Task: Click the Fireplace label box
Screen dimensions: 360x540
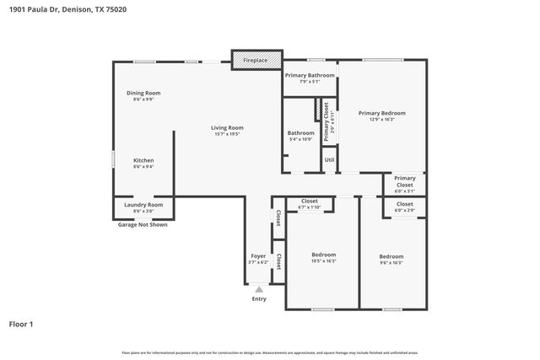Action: (x=256, y=61)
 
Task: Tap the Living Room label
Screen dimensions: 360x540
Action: (x=227, y=127)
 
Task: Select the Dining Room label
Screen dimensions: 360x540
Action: (x=143, y=93)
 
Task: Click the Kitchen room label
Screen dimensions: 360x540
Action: (x=143, y=160)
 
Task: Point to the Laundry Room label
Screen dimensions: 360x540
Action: (x=143, y=205)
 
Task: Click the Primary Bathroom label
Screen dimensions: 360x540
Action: (x=310, y=75)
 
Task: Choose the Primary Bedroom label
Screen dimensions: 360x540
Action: (x=381, y=113)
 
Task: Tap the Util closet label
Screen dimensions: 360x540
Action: (x=329, y=159)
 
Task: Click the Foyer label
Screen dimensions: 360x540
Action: (x=258, y=255)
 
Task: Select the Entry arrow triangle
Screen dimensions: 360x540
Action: (x=259, y=288)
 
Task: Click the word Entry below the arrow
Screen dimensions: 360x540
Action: (x=259, y=299)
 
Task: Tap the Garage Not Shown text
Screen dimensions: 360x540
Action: (x=142, y=225)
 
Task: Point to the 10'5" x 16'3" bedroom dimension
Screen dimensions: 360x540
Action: (x=324, y=261)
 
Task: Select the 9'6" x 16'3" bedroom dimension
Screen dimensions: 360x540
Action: (x=391, y=263)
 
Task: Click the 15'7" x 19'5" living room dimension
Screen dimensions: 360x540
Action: (x=227, y=134)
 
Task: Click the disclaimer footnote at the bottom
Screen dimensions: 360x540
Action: (x=269, y=352)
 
